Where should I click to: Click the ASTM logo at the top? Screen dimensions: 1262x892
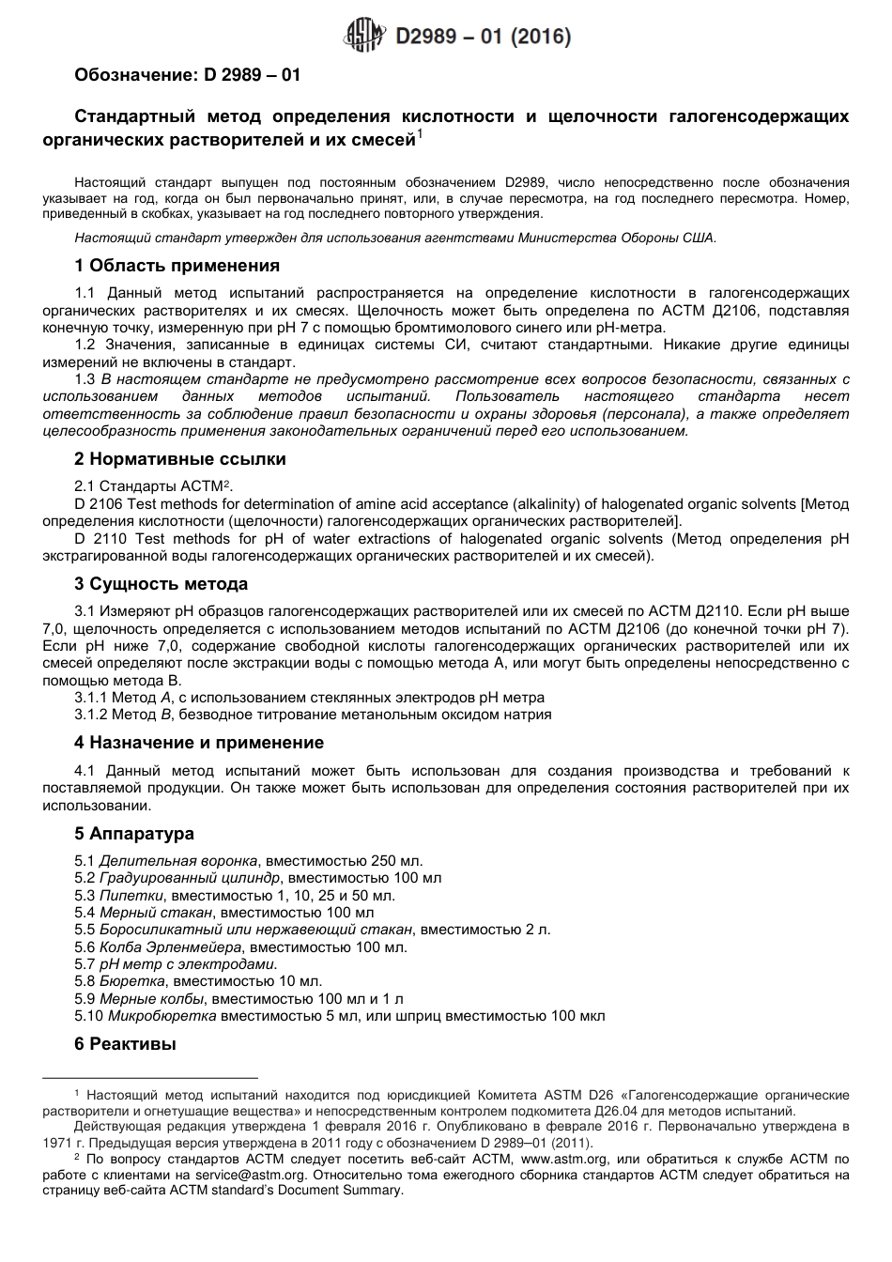tap(366, 37)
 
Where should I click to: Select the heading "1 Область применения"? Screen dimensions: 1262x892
tap(177, 266)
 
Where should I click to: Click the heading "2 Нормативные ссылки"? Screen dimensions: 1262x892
tap(180, 459)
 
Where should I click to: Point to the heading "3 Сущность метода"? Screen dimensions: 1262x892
tap(161, 584)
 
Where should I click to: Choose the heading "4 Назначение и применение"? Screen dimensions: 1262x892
tap(199, 743)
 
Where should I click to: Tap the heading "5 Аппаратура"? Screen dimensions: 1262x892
tap(134, 834)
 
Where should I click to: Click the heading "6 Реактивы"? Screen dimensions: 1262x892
tap(125, 1043)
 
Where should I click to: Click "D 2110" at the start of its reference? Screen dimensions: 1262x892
tap(96, 539)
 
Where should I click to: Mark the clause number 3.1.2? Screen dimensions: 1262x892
tap(91, 715)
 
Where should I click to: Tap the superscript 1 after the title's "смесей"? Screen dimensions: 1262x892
tap(421, 135)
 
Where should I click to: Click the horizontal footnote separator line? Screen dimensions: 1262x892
tap(150, 1079)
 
